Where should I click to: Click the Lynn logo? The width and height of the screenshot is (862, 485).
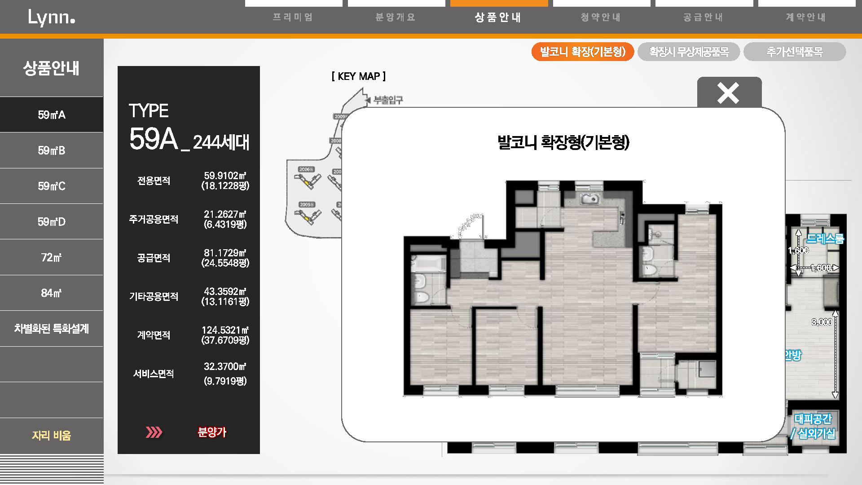tap(51, 18)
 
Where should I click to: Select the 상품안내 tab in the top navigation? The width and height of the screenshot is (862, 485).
tap(498, 18)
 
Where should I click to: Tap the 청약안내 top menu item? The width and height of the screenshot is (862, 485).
tap(601, 18)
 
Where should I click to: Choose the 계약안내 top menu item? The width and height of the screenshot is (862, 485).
tap(806, 18)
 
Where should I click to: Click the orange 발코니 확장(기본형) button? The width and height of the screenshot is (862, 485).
tap(582, 52)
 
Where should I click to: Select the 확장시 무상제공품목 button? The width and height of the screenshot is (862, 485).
tap(688, 52)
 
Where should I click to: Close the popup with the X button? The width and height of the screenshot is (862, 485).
tap(728, 93)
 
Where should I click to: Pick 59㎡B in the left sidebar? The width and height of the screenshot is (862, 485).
tap(52, 150)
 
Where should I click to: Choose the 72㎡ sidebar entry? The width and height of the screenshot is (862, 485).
tap(52, 257)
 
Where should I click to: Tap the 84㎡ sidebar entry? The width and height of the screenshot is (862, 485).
tap(52, 293)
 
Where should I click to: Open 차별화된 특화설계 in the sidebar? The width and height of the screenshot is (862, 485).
tap(52, 329)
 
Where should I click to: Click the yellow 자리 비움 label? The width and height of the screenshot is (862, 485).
tap(52, 435)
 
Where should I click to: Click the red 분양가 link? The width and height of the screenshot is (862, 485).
tap(212, 432)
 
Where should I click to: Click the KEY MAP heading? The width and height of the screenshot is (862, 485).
tap(358, 76)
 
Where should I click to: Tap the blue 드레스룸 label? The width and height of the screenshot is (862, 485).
tap(825, 239)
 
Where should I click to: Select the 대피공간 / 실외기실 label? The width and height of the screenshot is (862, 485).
tap(813, 426)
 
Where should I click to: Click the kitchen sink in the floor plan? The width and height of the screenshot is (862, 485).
tap(589, 198)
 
